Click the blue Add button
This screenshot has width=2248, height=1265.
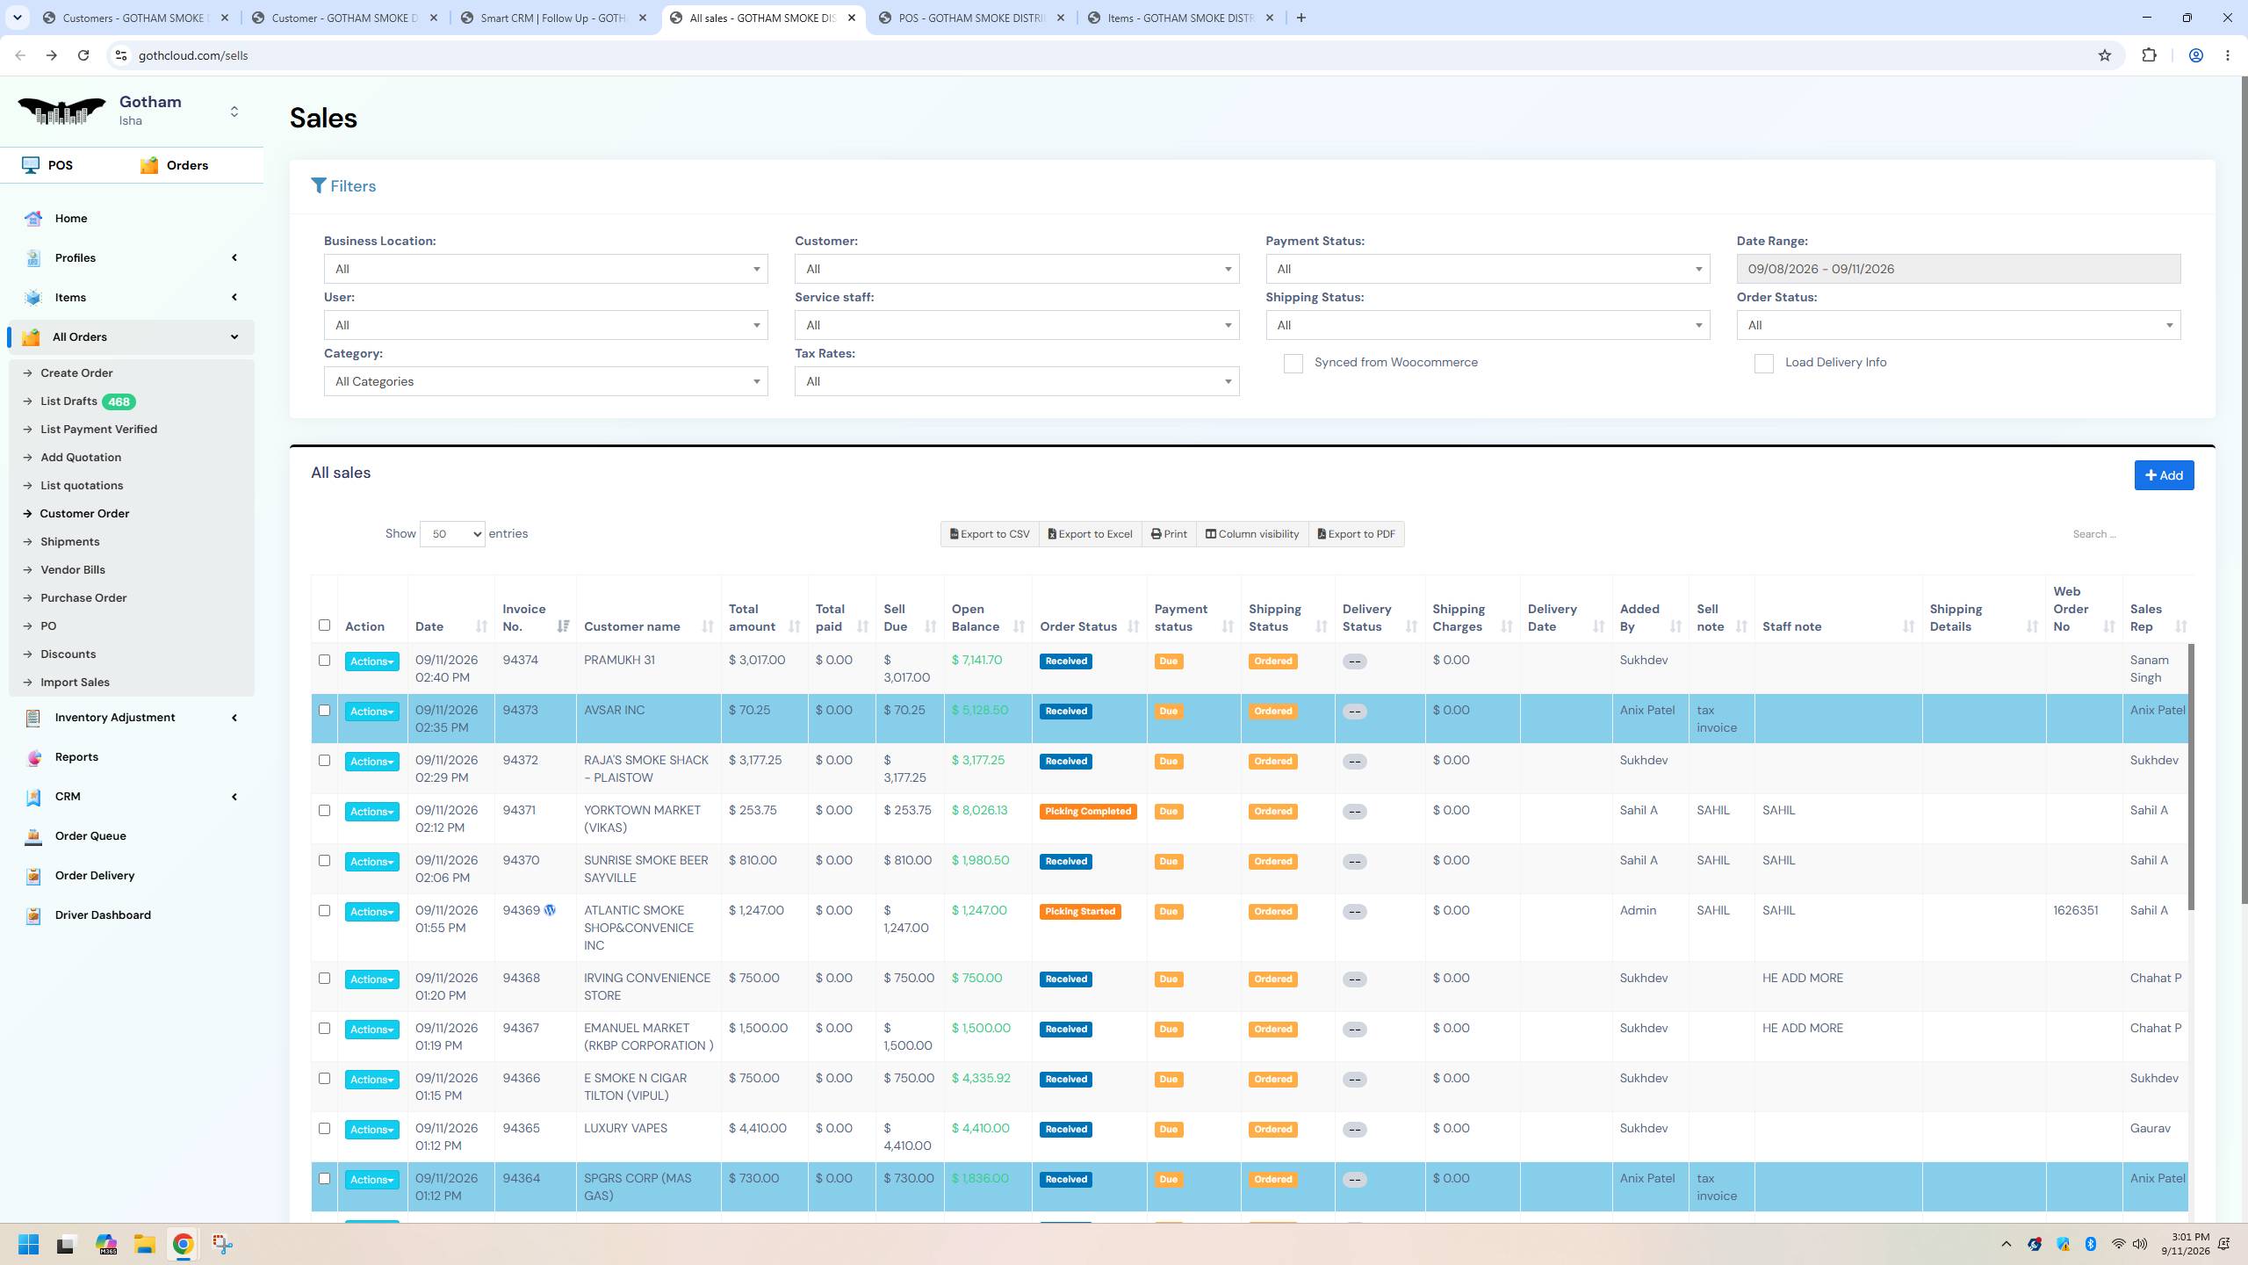(2164, 475)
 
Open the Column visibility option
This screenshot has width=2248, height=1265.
(1252, 534)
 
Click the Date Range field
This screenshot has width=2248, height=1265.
(1958, 269)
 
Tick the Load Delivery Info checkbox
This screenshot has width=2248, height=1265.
(1763, 364)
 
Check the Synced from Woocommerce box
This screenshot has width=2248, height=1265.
(1293, 364)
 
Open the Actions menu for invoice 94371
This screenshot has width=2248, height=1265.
(371, 812)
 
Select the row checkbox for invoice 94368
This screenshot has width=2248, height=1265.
(324, 979)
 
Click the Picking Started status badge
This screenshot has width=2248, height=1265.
(1080, 912)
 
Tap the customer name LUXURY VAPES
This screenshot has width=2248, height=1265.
(625, 1128)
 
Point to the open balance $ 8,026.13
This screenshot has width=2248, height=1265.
(979, 810)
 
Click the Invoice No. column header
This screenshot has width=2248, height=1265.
(524, 618)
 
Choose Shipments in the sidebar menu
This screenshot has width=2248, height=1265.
(69, 542)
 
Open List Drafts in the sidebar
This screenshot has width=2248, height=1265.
(68, 401)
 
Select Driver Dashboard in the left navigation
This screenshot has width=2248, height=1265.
(103, 915)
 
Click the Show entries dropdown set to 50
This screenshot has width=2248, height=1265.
(452, 534)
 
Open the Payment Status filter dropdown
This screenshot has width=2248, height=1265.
(1488, 269)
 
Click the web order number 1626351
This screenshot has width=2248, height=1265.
(2075, 911)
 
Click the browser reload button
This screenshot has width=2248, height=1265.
(83, 55)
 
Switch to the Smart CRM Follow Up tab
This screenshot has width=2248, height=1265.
(555, 18)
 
